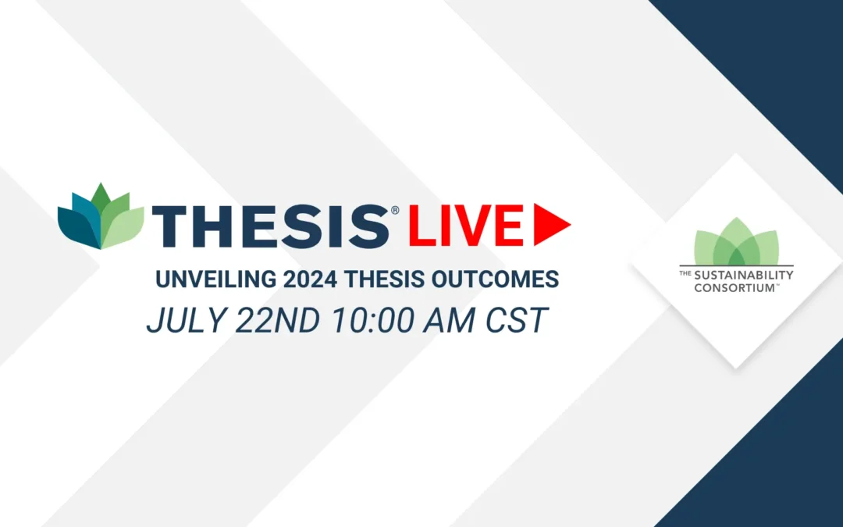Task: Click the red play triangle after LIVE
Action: (549, 225)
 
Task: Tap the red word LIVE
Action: (465, 226)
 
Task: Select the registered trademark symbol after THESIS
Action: (395, 210)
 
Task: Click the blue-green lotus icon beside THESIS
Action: (101, 217)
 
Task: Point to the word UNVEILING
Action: (215, 280)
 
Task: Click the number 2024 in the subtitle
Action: (310, 280)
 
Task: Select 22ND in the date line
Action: (277, 320)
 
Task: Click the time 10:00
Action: (372, 320)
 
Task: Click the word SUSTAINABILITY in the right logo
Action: (744, 276)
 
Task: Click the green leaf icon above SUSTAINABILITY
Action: (737, 241)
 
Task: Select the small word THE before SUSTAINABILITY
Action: (685, 273)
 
